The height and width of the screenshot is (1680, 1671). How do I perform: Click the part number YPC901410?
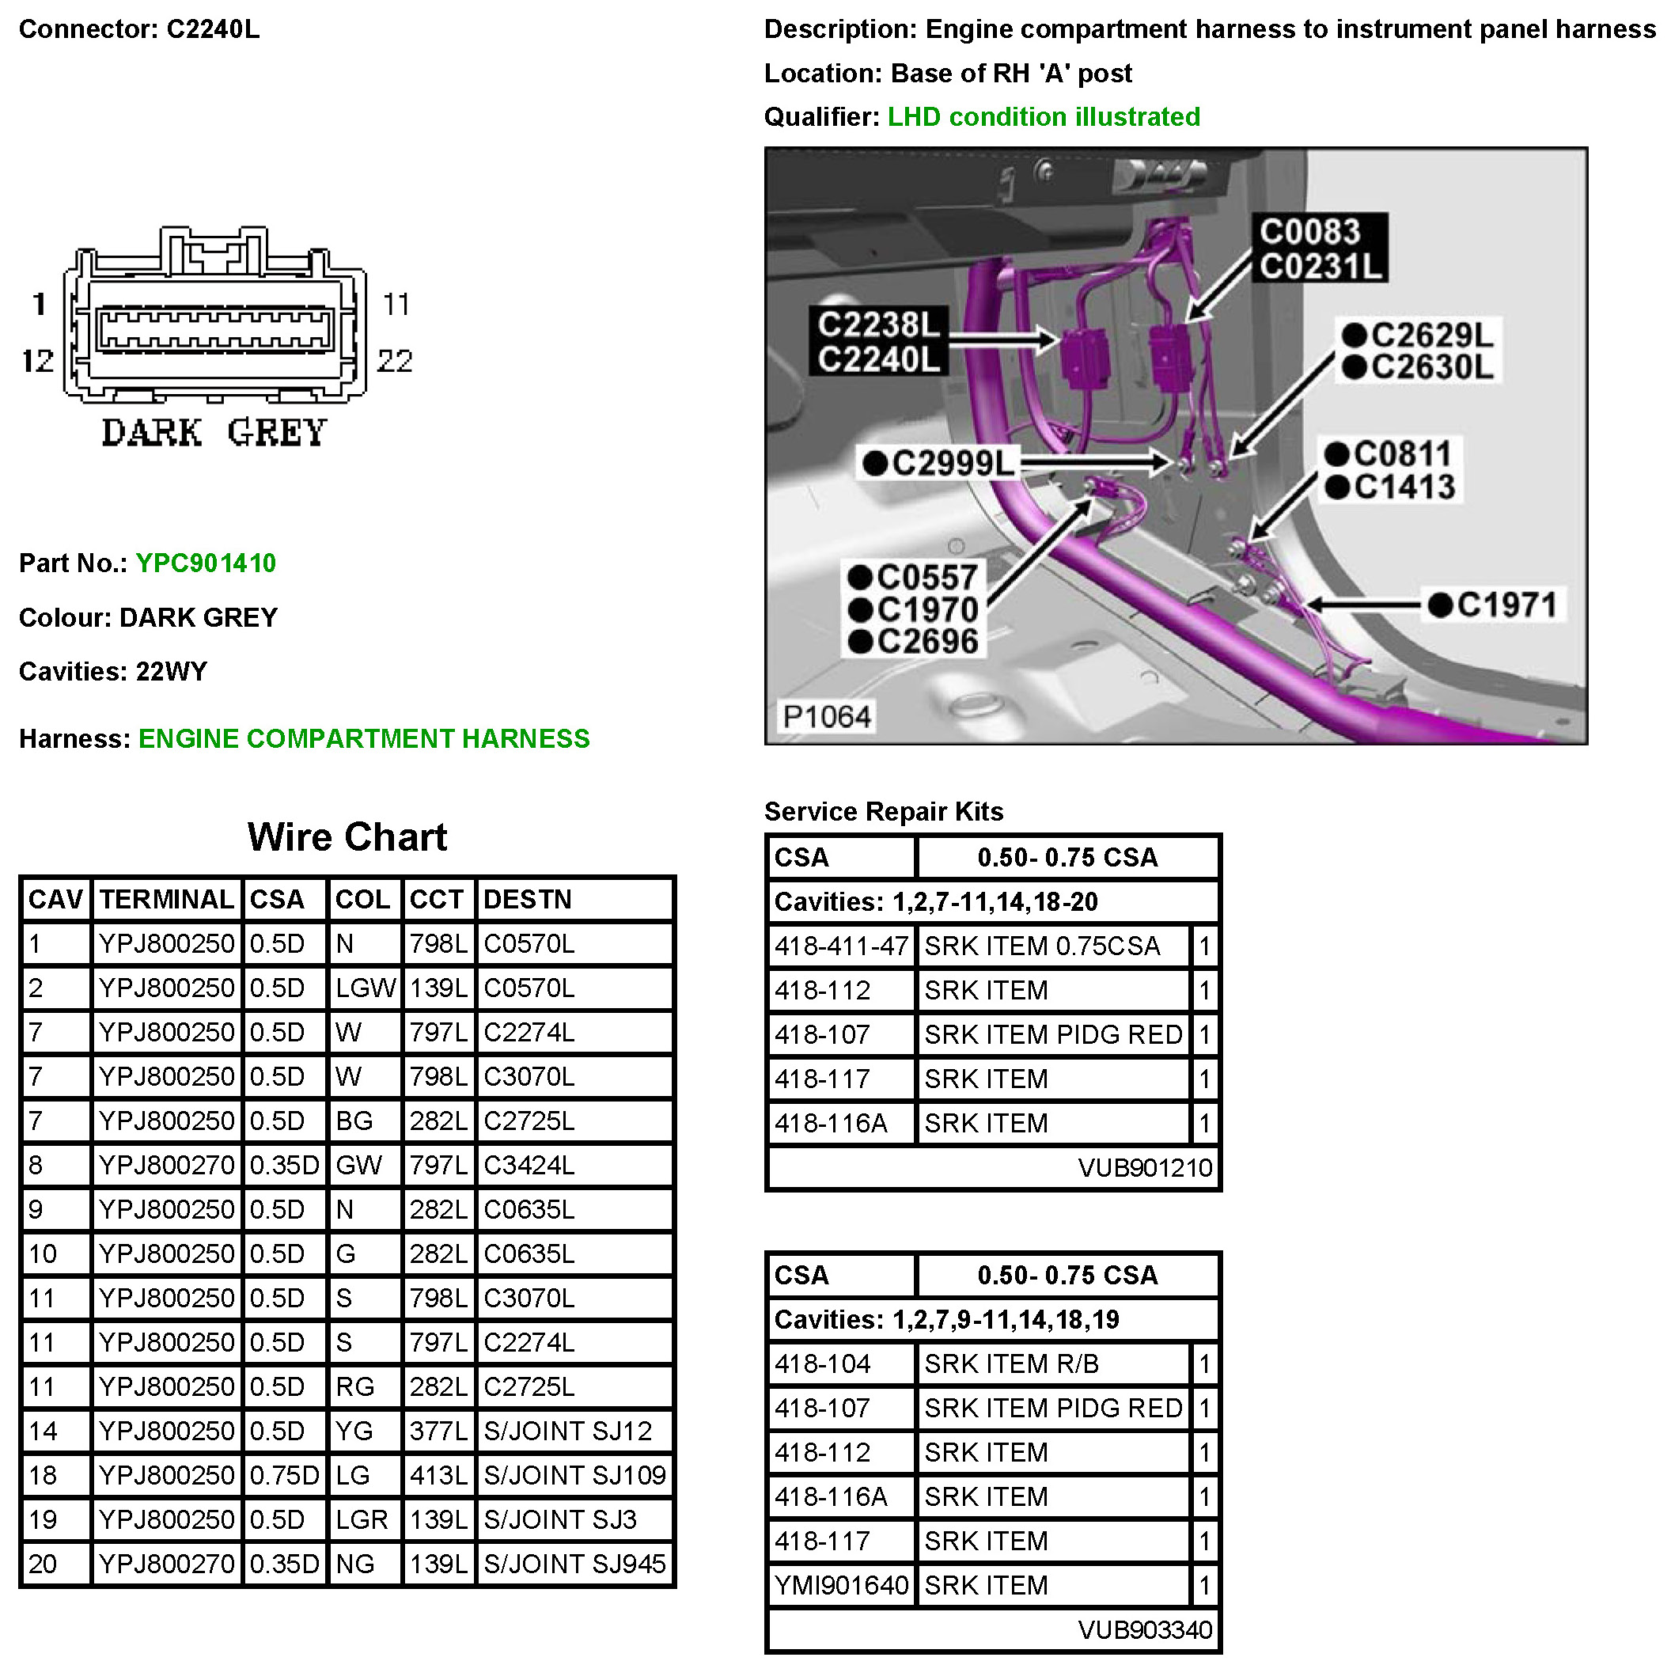(x=206, y=563)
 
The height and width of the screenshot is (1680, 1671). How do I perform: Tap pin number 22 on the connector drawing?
(x=395, y=361)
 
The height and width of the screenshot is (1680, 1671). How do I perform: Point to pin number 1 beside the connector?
(x=39, y=305)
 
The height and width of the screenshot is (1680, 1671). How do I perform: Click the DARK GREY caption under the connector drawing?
(x=214, y=433)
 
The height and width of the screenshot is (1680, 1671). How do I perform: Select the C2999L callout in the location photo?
(x=940, y=464)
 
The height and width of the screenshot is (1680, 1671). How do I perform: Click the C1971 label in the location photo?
(x=1495, y=605)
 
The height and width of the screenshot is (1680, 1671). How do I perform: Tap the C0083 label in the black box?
(x=1309, y=232)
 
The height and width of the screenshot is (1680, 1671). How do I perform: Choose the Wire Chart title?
(x=347, y=837)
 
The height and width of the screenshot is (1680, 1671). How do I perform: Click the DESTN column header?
(x=527, y=900)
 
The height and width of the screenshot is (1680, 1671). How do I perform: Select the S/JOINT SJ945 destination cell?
(x=574, y=1564)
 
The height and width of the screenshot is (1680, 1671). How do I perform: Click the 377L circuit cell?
(x=438, y=1432)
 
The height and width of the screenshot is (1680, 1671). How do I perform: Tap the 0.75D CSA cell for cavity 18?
(x=284, y=1476)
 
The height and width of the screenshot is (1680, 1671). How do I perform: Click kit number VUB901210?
(x=1144, y=1168)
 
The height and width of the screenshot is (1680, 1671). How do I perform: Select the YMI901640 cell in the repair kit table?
(x=841, y=1585)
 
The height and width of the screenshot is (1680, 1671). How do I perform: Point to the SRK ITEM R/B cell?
(x=1011, y=1364)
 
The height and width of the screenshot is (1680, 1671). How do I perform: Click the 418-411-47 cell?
(x=841, y=946)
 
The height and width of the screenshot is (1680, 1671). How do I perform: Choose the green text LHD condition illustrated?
(x=1044, y=116)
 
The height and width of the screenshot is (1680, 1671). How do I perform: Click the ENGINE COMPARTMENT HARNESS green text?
(x=364, y=739)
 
